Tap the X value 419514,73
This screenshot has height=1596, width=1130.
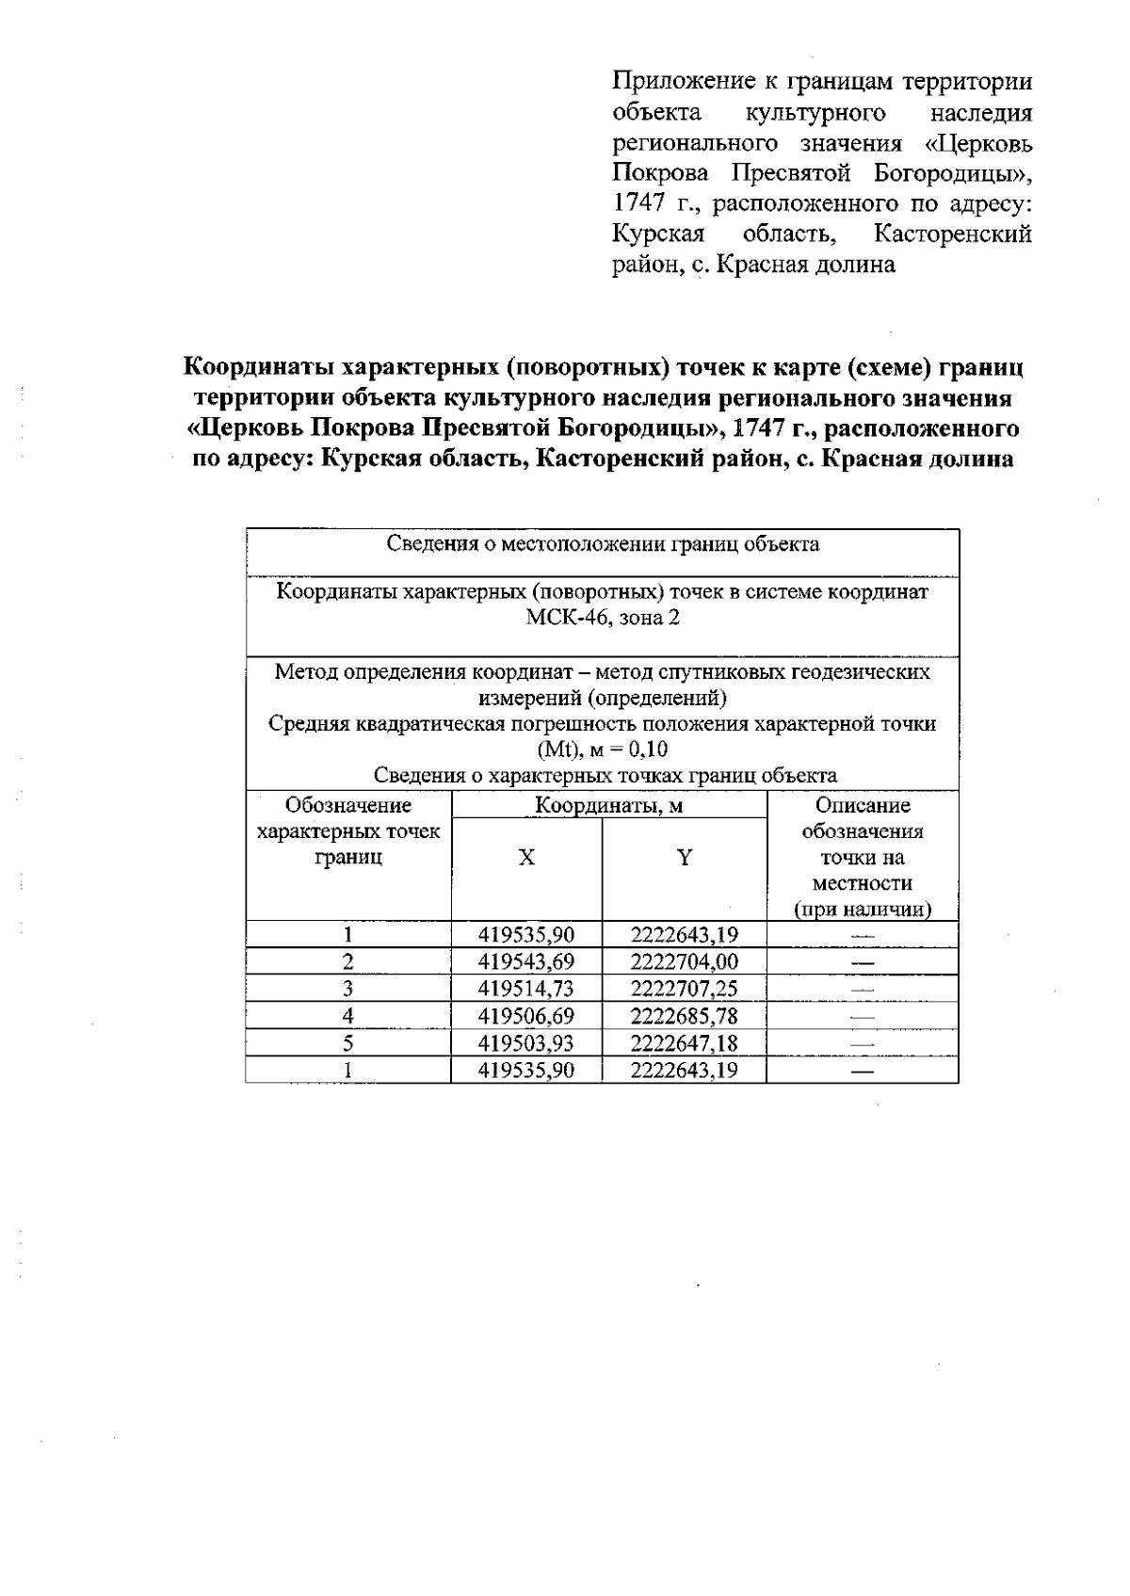(x=526, y=989)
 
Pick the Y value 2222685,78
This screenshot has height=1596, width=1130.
(x=684, y=1016)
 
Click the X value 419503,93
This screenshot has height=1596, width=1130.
(x=526, y=1043)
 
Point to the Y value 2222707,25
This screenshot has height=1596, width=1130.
(x=684, y=989)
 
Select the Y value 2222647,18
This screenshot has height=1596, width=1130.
(x=684, y=1043)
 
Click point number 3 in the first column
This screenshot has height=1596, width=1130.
(x=347, y=989)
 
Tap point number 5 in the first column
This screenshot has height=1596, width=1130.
(x=347, y=1043)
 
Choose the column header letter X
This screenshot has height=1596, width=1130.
(x=526, y=858)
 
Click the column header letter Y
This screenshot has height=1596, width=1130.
(x=685, y=858)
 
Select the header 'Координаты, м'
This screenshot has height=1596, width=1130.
(x=608, y=806)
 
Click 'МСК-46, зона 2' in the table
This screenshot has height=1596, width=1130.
(x=603, y=619)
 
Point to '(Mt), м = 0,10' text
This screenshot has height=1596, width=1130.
(x=603, y=750)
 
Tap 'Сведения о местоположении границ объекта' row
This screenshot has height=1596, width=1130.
(x=603, y=544)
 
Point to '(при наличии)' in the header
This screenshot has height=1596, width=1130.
(x=862, y=910)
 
